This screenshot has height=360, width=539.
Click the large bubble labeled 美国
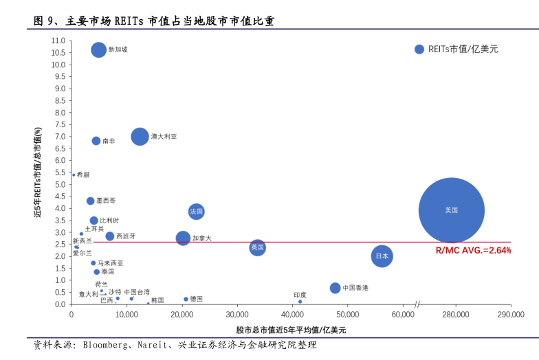pyautogui.click(x=451, y=210)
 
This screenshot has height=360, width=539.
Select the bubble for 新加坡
pyautogui.click(x=99, y=49)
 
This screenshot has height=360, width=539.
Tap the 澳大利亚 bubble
pyautogui.click(x=140, y=137)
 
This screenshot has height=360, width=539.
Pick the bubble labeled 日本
pyautogui.click(x=382, y=256)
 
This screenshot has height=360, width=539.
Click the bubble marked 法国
pyautogui.click(x=197, y=212)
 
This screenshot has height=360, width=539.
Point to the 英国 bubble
pyautogui.click(x=257, y=247)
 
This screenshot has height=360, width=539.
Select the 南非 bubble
pyautogui.click(x=96, y=141)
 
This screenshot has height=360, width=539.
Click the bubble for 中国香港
pyautogui.click(x=335, y=288)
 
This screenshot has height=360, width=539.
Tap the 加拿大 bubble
pyautogui.click(x=183, y=238)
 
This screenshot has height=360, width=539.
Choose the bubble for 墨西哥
pyautogui.click(x=90, y=201)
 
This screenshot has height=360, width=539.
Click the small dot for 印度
pyautogui.click(x=300, y=302)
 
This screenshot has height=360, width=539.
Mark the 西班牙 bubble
pyautogui.click(x=109, y=236)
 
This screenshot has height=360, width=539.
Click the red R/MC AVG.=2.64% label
pyautogui.click(x=473, y=251)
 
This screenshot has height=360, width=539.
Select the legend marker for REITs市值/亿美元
pyautogui.click(x=419, y=49)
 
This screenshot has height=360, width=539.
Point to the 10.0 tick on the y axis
pyautogui.click(x=58, y=65)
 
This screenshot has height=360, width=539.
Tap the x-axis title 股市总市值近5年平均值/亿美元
pyautogui.click(x=291, y=330)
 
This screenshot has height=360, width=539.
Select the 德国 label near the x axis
pyautogui.click(x=197, y=300)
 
